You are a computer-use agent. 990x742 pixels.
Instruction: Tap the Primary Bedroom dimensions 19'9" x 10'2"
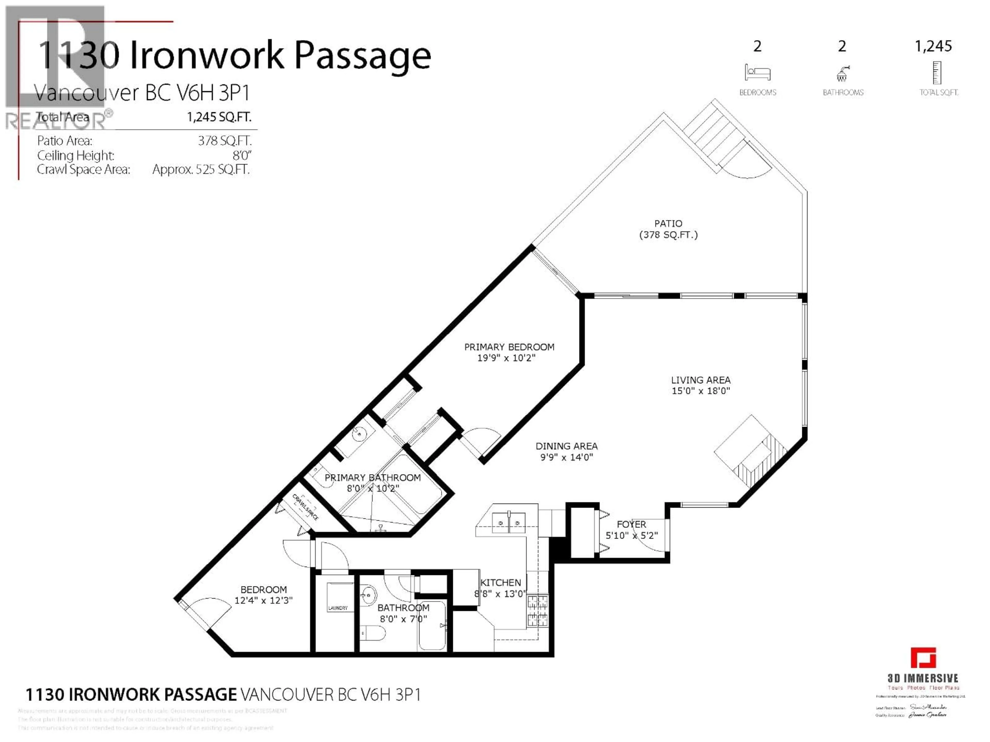[x=506, y=358]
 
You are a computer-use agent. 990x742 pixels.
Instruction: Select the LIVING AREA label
[x=700, y=380]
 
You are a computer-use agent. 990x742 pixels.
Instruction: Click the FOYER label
[x=631, y=524]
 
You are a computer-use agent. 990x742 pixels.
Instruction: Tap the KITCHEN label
[x=500, y=582]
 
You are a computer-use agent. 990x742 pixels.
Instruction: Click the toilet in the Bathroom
[x=374, y=633]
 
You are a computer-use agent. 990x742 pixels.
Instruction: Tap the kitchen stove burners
[x=537, y=611]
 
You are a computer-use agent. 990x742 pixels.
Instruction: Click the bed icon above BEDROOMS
[x=757, y=72]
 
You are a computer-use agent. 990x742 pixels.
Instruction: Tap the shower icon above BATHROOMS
[x=842, y=73]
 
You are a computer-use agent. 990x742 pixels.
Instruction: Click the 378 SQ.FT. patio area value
[x=225, y=141]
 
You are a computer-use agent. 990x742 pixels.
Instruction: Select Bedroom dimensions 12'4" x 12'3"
[x=263, y=600]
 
